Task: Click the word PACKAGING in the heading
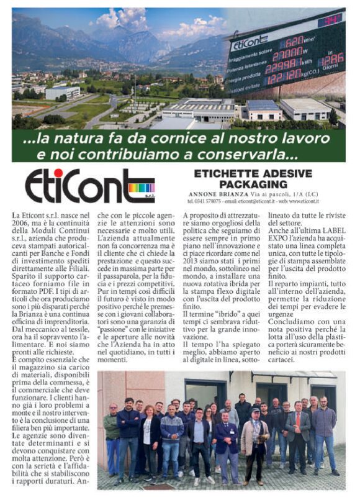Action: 256,184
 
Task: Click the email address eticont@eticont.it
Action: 258,201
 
